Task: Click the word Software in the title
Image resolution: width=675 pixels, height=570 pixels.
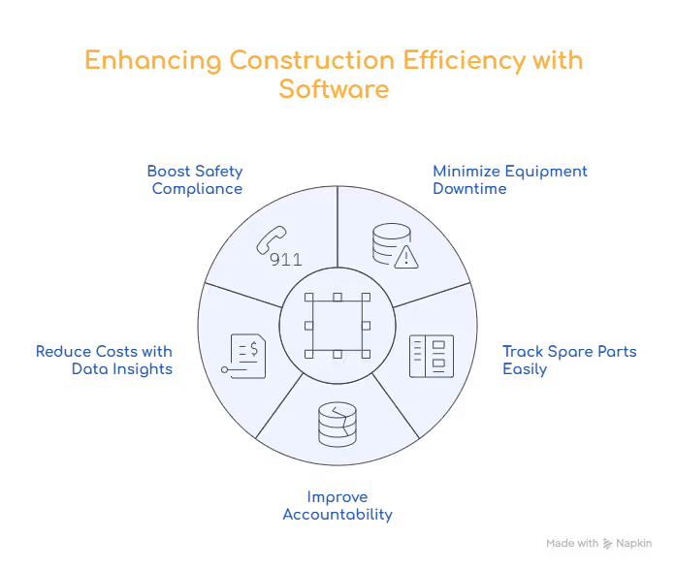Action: click(337, 89)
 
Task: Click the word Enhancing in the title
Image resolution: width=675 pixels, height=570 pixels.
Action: click(152, 61)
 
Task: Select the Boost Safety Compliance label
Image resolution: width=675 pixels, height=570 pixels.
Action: click(196, 179)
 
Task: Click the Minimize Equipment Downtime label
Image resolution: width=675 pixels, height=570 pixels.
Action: click(481, 179)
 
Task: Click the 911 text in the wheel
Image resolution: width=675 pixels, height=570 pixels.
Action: click(285, 260)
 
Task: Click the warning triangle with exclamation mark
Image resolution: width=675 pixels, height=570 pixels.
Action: click(405, 257)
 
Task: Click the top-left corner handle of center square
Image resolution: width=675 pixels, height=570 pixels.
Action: click(306, 298)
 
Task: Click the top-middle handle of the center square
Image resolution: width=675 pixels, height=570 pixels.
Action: click(337, 298)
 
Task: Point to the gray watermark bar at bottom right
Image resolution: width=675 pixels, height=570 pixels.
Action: click(596, 543)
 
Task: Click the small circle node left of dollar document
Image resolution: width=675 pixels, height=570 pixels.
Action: click(224, 370)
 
